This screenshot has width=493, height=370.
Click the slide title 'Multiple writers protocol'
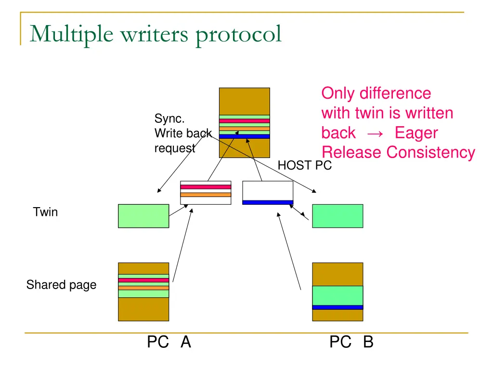click(155, 35)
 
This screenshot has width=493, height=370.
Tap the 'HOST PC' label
click(305, 166)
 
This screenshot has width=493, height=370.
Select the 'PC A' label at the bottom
click(169, 342)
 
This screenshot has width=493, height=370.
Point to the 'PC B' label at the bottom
click(351, 342)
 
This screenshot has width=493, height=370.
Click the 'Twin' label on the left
click(45, 212)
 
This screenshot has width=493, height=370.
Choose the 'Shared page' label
click(61, 285)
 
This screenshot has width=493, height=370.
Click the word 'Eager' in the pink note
click(416, 132)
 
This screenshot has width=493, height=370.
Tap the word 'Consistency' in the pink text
click(430, 152)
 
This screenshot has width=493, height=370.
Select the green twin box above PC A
click(143, 216)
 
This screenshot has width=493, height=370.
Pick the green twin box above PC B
click(337, 216)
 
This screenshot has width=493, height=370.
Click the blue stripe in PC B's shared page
click(337, 307)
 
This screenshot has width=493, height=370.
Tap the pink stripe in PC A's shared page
click(143, 280)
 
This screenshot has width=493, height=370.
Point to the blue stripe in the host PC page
click(244, 136)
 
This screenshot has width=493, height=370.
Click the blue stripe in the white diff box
click(268, 202)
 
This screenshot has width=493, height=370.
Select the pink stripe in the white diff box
click(206, 187)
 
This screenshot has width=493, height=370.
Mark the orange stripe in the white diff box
click(206, 195)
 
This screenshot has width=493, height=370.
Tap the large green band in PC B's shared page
click(337, 295)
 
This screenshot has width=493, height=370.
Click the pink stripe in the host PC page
click(244, 121)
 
